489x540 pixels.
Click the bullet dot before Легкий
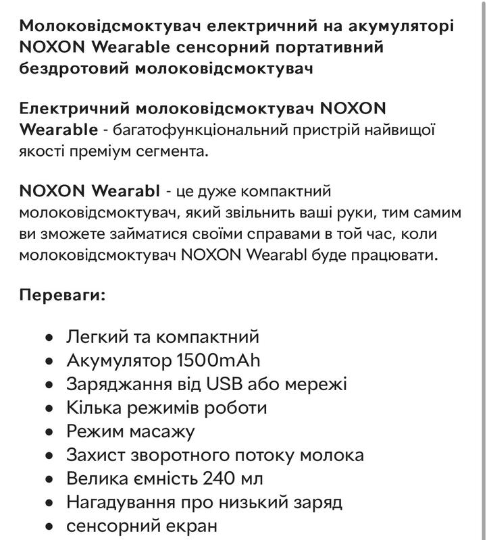click(49, 337)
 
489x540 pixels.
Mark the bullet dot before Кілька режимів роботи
click(49, 408)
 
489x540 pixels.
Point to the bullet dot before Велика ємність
click(49, 479)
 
